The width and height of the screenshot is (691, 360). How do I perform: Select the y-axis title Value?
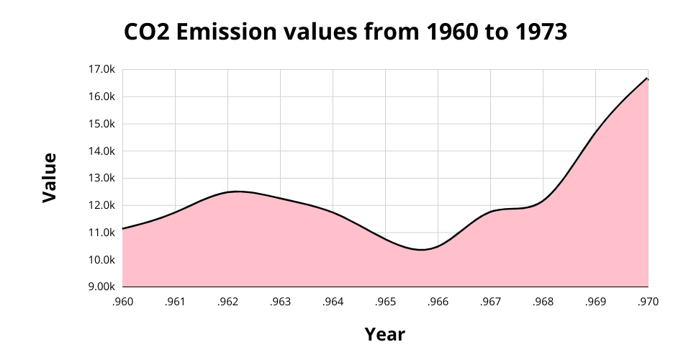[49, 177]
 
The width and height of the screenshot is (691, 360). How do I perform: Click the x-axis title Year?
[384, 335]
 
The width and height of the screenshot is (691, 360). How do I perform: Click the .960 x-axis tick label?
[123, 302]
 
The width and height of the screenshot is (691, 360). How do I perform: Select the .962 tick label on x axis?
[228, 302]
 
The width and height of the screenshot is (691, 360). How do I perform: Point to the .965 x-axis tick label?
[386, 302]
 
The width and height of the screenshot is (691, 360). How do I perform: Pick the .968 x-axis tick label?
[543, 302]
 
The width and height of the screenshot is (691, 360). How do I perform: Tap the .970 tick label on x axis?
[648, 302]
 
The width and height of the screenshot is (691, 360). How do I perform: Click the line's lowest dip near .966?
[421, 250]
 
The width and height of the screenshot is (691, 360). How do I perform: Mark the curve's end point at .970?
[648, 78]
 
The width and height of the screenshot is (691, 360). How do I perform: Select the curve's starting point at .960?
[123, 229]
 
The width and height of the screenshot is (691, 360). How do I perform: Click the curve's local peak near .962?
[236, 192]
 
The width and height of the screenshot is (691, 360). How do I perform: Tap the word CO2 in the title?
[147, 32]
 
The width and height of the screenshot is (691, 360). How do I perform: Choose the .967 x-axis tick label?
[491, 302]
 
